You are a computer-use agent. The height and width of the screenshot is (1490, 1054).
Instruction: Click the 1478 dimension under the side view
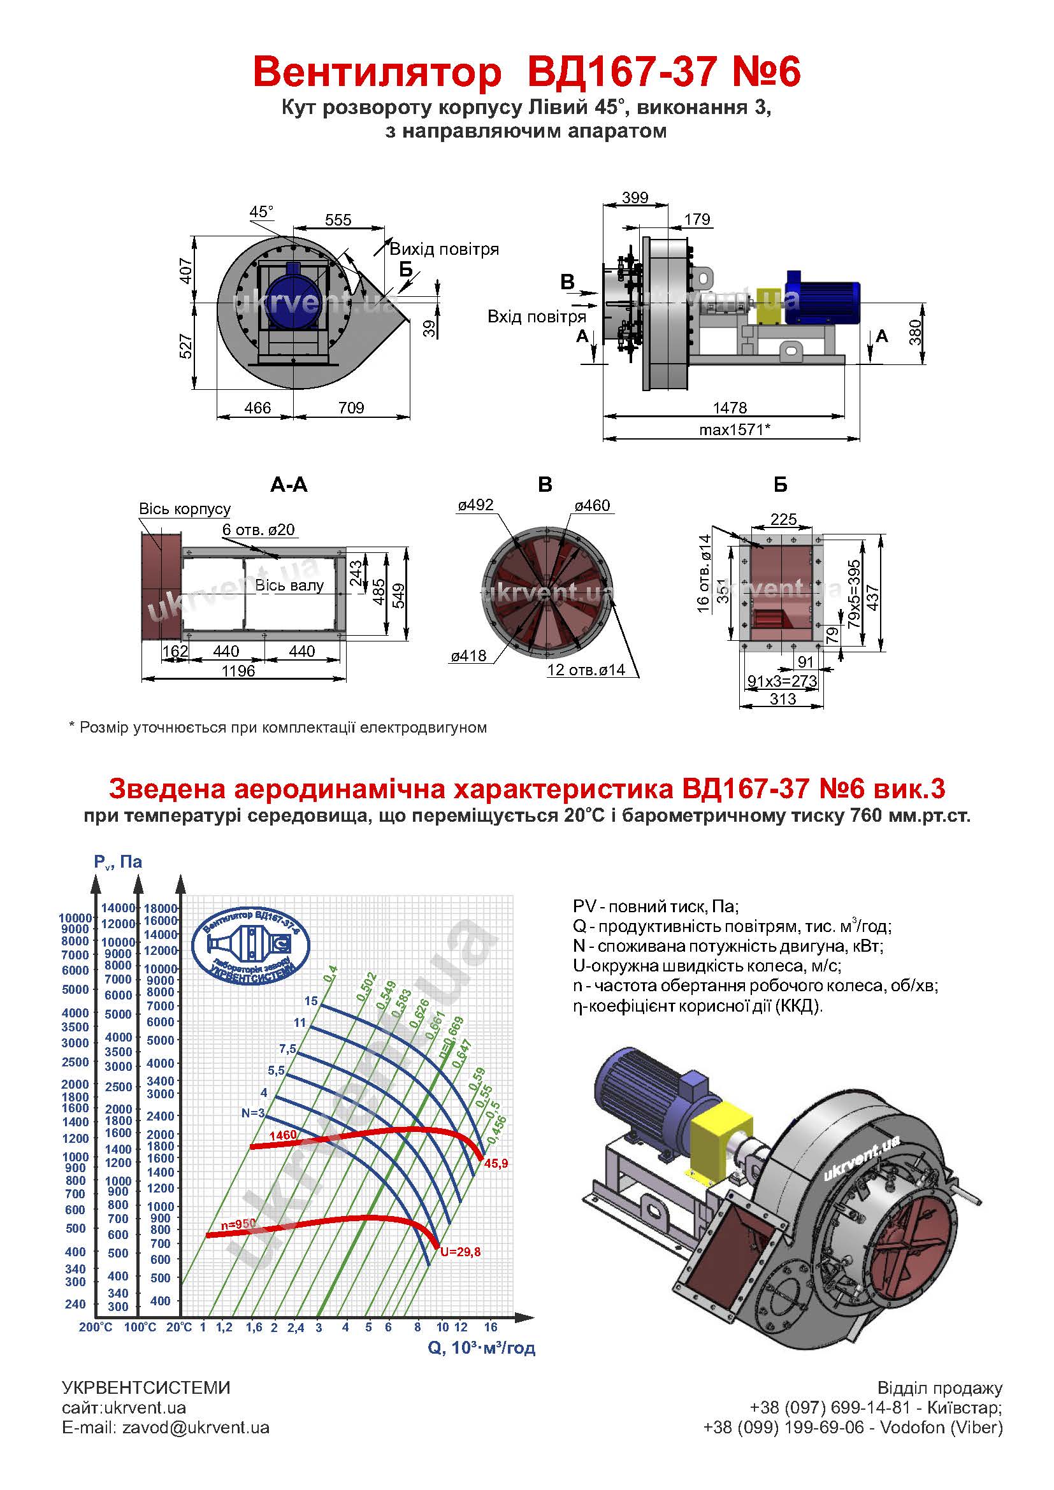[730, 408]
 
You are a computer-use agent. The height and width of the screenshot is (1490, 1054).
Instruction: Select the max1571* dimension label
[734, 429]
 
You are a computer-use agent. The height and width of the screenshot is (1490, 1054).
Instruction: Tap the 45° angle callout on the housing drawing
[261, 211]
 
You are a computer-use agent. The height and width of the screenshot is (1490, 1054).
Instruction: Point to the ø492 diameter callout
[476, 505]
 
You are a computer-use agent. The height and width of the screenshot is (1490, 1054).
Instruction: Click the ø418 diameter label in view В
[468, 655]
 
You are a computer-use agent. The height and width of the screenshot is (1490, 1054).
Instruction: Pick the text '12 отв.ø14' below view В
[586, 670]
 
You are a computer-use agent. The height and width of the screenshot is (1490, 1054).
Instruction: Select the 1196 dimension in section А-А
[238, 671]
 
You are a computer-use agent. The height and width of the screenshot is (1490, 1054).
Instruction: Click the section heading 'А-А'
[289, 485]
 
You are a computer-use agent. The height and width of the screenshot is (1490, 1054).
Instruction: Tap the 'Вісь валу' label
[289, 585]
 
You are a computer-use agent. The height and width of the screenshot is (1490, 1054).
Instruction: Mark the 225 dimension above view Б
[783, 519]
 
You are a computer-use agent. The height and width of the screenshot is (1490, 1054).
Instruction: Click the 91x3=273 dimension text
[782, 681]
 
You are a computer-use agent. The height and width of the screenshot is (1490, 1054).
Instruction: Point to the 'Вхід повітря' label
[537, 317]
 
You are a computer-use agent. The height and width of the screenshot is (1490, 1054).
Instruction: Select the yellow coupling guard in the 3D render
[719, 1133]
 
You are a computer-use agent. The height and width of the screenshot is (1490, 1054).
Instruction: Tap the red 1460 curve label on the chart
[282, 1135]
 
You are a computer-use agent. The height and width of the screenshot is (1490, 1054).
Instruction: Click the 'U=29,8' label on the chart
[460, 1252]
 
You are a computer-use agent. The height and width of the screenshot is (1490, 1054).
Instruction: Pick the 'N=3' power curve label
[253, 1113]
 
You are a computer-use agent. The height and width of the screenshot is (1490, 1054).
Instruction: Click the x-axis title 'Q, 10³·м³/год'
[482, 1348]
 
